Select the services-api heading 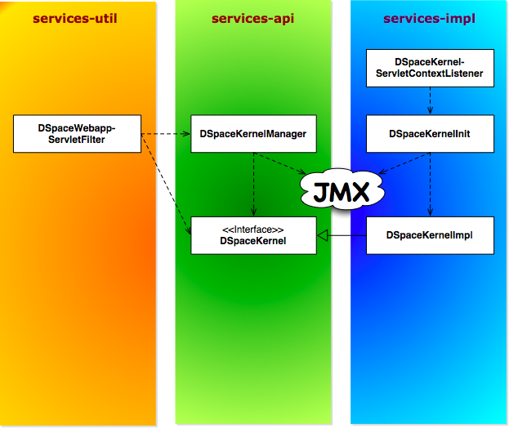pyautogui.click(x=252, y=18)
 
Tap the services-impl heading pyautogui.click(x=428, y=18)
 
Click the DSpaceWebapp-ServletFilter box pyautogui.click(x=77, y=134)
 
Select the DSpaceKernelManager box pyautogui.click(x=252, y=134)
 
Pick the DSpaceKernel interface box pyautogui.click(x=252, y=234)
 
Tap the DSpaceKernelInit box pyautogui.click(x=430, y=134)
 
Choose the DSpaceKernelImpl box pyautogui.click(x=430, y=234)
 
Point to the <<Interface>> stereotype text pyautogui.click(x=252, y=229)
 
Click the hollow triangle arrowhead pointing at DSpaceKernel pyautogui.click(x=323, y=235)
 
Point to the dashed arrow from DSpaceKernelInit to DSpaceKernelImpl pyautogui.click(x=430, y=184)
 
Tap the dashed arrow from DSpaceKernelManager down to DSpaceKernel pyautogui.click(x=253, y=184)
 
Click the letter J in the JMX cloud pyautogui.click(x=321, y=194)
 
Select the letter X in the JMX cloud pyautogui.click(x=362, y=193)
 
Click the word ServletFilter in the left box pyautogui.click(x=77, y=140)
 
